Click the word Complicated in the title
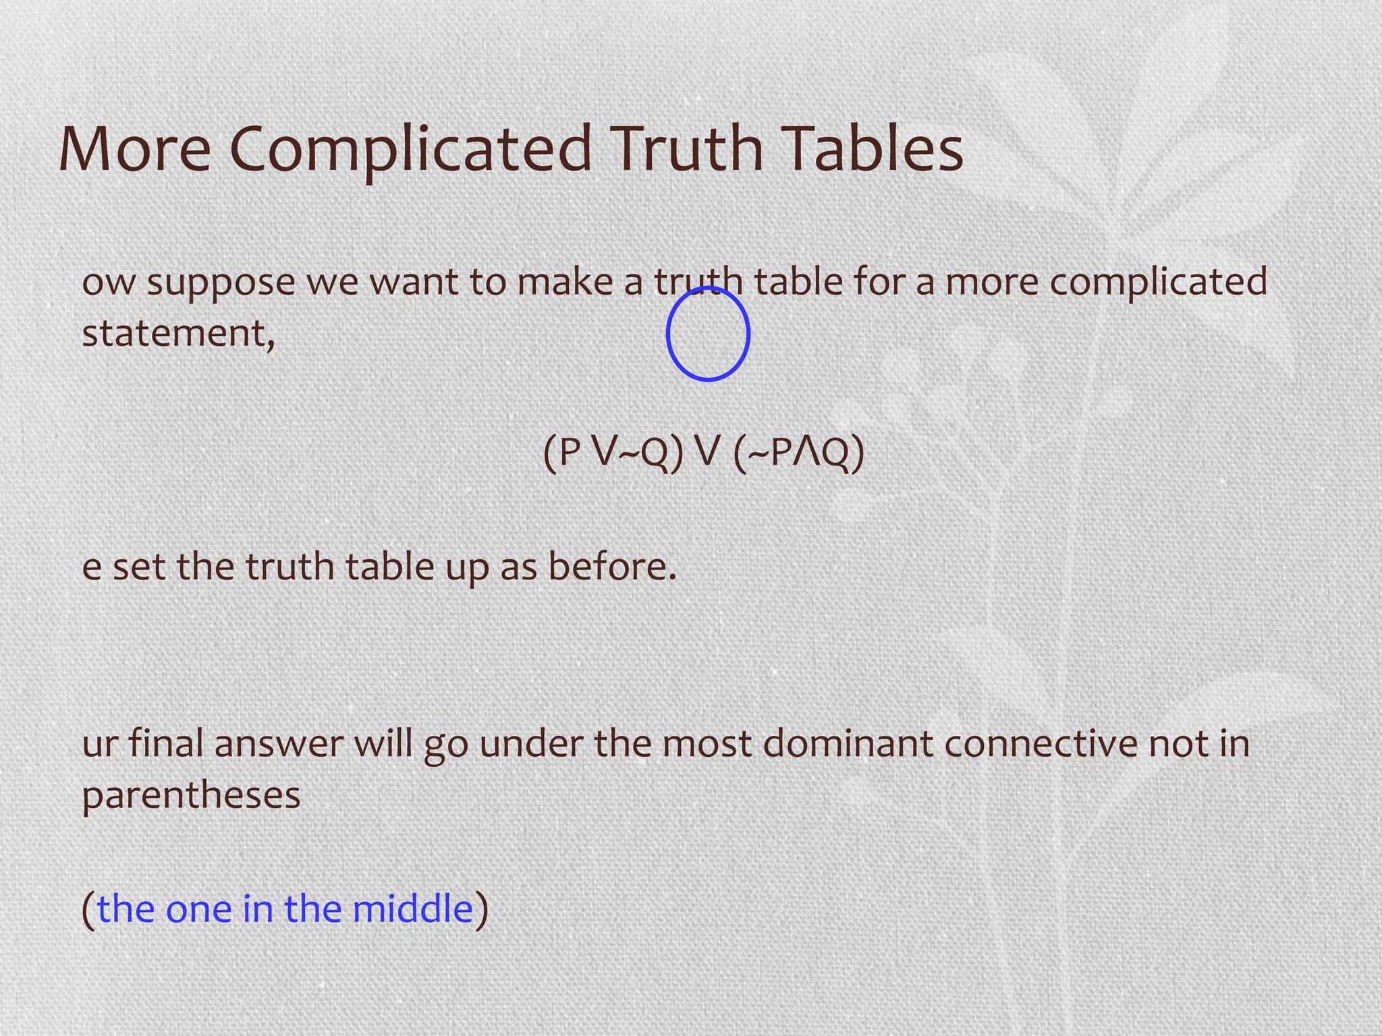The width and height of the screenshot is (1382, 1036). pyautogui.click(x=410, y=150)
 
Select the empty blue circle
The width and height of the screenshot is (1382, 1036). pyautogui.click(x=708, y=333)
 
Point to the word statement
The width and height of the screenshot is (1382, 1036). pyautogui.click(x=177, y=333)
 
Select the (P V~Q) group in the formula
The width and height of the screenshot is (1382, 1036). pyautogui.click(x=613, y=452)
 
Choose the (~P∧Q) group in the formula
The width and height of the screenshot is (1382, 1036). pyautogui.click(x=798, y=452)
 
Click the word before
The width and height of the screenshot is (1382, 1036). pyautogui.click(x=611, y=567)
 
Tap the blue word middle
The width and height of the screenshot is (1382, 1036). pyautogui.click(x=412, y=908)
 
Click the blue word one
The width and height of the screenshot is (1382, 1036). pyautogui.click(x=198, y=909)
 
